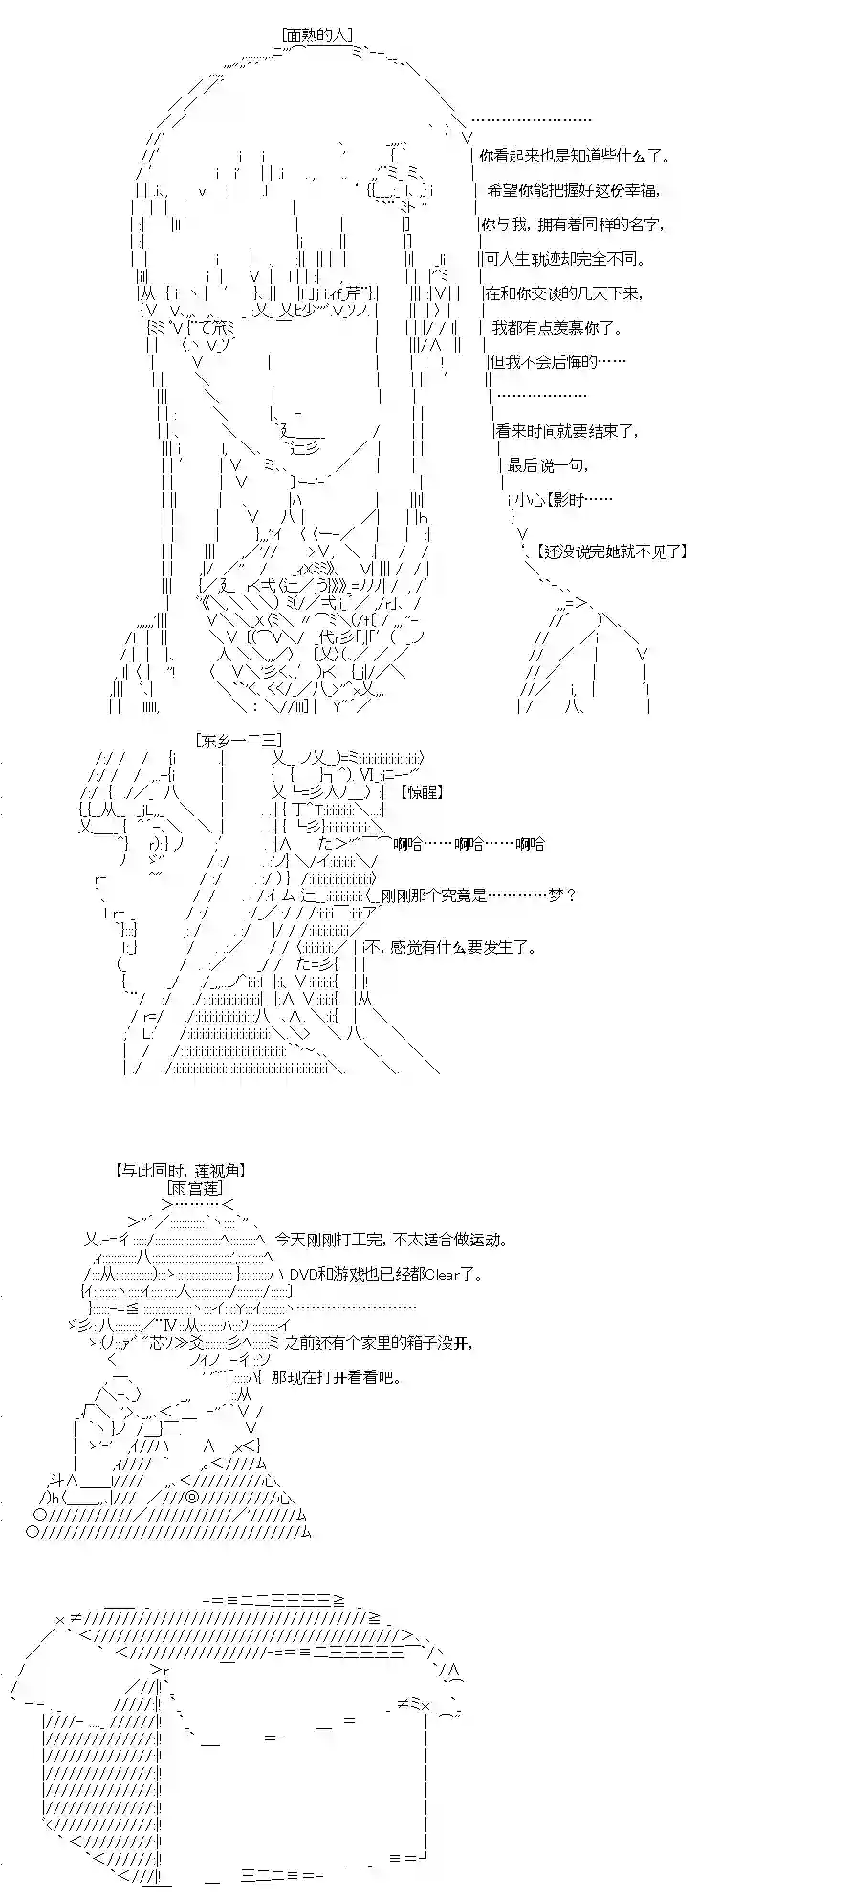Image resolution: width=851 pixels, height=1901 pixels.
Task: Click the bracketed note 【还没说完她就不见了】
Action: click(x=612, y=551)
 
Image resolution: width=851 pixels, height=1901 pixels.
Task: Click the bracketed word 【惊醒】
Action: click(x=424, y=791)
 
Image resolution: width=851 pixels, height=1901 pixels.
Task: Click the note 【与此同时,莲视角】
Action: click(x=171, y=1170)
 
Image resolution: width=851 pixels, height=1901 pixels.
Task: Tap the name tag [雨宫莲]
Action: click(x=195, y=1188)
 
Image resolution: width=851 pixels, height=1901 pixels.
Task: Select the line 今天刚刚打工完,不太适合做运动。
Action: click(x=389, y=1240)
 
